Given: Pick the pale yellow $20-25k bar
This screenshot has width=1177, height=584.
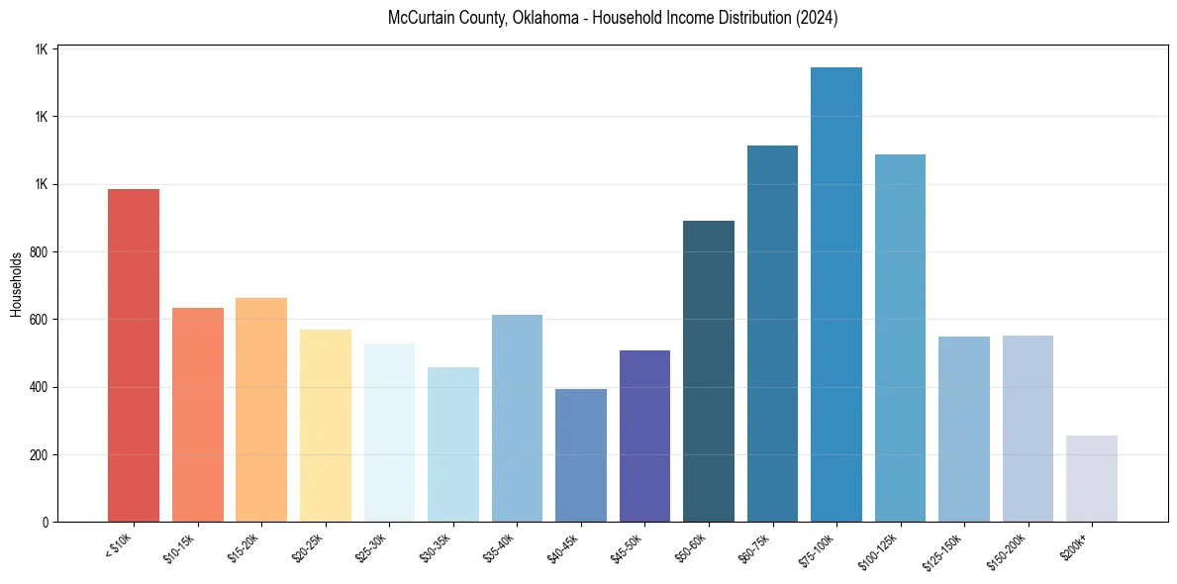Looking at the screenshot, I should [x=325, y=425].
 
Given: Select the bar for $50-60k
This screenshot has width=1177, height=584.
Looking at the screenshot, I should [x=709, y=371].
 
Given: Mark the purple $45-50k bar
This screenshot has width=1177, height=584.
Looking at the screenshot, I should [x=644, y=436].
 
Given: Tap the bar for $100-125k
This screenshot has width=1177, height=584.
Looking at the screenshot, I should [x=900, y=338].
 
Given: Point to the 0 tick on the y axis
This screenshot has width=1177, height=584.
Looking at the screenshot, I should [x=46, y=523].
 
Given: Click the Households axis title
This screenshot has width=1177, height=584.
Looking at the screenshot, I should [x=16, y=284].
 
